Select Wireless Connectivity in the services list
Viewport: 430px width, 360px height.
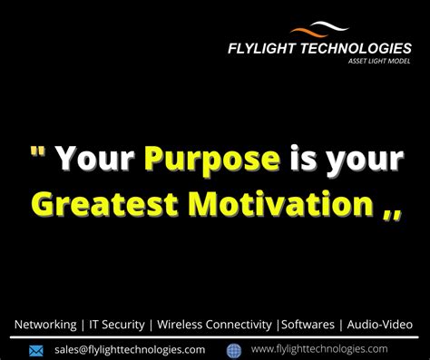click(x=214, y=324)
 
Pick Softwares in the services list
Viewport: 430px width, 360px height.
click(x=307, y=324)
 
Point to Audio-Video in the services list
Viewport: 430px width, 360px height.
click(x=380, y=324)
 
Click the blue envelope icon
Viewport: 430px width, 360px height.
click(x=36, y=350)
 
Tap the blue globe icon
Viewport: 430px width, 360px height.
click(x=233, y=350)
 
